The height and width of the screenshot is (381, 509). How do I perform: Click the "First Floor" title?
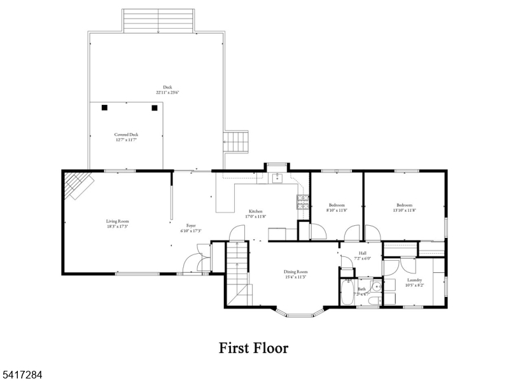pos(253,348)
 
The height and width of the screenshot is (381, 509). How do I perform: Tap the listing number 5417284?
pos(22,375)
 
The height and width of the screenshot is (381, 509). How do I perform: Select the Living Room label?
pos(117,221)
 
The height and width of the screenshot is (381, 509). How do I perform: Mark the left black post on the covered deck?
pos(104,107)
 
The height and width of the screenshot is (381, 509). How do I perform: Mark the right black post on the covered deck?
pos(154,107)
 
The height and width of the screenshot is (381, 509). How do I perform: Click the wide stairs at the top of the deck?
pos(158,20)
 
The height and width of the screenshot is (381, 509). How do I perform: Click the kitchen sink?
pos(277,179)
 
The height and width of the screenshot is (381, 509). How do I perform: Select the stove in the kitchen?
pos(302,203)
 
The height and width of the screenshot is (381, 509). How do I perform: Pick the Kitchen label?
pos(255,211)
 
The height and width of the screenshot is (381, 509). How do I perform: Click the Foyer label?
pos(190,225)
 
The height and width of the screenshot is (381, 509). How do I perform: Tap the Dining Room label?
pos(295,272)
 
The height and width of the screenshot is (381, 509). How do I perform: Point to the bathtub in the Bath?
pos(347,293)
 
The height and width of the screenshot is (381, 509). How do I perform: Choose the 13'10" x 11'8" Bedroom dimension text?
pos(405,211)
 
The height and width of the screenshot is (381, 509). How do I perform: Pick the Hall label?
pos(362,253)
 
